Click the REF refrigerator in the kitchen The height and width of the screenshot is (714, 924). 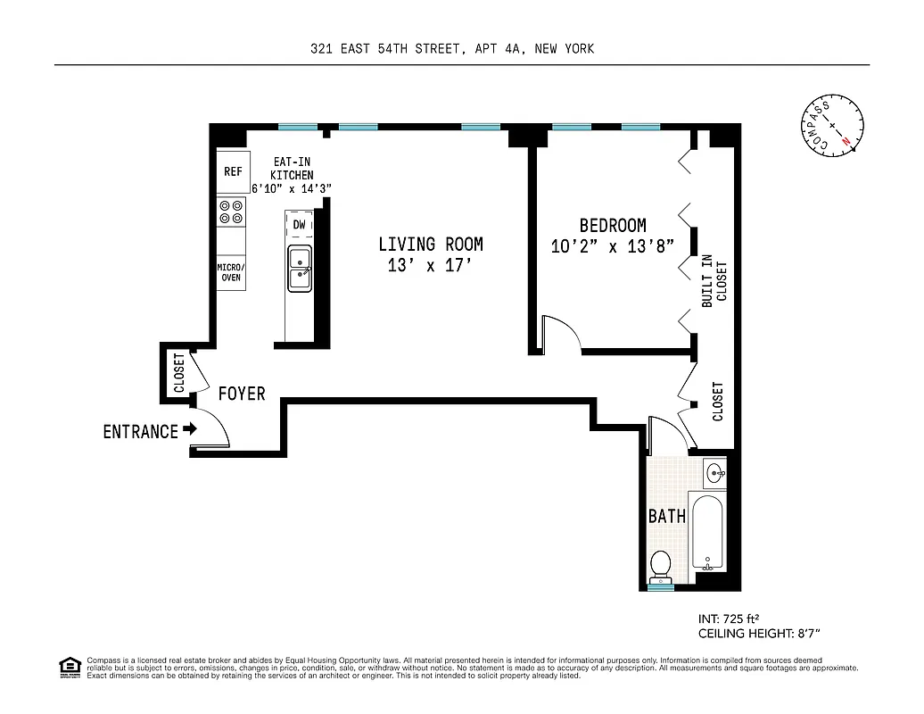233,171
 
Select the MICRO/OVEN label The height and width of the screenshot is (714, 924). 231,272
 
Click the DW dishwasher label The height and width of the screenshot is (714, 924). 299,225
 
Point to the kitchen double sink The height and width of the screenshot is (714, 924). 299,267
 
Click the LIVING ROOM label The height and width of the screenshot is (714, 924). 430,244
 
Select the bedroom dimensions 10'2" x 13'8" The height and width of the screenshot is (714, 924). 611,247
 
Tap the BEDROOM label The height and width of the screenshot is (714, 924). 612,226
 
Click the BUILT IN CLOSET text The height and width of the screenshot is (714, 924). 714,280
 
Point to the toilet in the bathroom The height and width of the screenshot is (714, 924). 661,565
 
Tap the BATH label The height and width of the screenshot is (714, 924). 666,516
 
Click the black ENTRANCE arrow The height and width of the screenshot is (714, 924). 189,430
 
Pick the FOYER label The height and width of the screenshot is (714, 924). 242,394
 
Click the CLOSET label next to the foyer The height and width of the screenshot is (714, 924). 179,373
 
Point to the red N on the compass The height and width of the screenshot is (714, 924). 846,140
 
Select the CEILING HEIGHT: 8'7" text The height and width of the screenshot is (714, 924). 758,633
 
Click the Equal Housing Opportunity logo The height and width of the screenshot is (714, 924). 69,666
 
